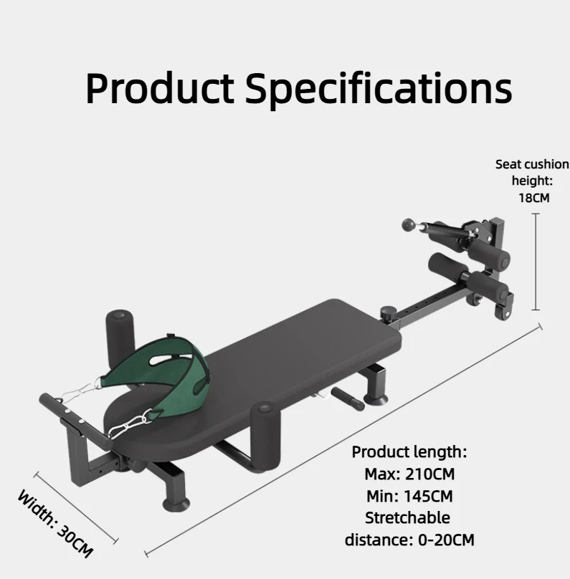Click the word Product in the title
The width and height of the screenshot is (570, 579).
(160, 88)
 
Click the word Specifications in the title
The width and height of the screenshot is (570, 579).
(379, 89)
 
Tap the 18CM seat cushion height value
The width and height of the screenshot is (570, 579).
(534, 198)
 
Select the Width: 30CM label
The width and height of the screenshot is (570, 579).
(55, 525)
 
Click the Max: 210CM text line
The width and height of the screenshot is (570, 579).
(409, 474)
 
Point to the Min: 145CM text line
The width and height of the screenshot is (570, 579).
(409, 496)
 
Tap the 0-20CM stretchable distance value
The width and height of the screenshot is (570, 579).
(446, 540)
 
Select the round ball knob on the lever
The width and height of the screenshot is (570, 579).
(408, 224)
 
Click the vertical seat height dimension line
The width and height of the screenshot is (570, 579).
(536, 262)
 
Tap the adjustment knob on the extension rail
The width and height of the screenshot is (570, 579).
(387, 313)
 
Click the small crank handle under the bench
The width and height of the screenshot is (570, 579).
(347, 399)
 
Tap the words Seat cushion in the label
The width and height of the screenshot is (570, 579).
(532, 164)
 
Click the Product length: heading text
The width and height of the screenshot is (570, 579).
(409, 452)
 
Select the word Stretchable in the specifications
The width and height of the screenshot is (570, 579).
(407, 517)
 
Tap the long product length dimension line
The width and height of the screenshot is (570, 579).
(343, 440)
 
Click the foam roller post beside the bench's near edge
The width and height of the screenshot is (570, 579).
(265, 436)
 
